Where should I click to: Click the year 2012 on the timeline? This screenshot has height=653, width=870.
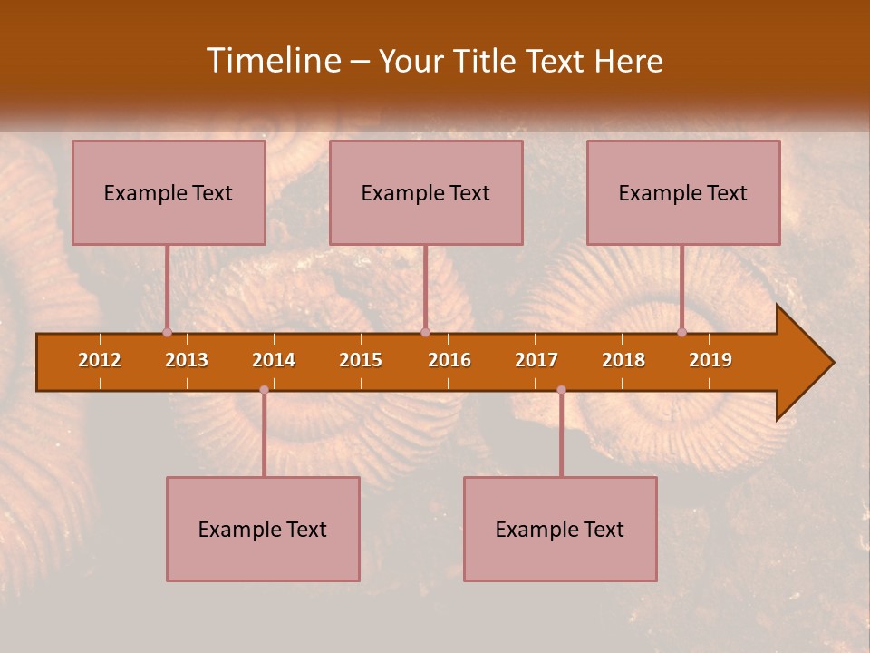pyautogui.click(x=100, y=360)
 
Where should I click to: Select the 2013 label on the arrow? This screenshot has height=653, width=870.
pyautogui.click(x=187, y=360)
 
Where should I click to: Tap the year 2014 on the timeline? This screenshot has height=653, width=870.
pyautogui.click(x=274, y=360)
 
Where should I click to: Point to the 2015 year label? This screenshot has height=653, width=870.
pyautogui.click(x=361, y=360)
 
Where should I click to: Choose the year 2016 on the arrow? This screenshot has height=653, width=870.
pyautogui.click(x=449, y=360)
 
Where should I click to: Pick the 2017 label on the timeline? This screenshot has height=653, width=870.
pyautogui.click(x=536, y=360)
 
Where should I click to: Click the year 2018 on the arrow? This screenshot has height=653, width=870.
pyautogui.click(x=623, y=360)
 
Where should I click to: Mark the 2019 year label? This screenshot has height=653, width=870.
pyautogui.click(x=710, y=360)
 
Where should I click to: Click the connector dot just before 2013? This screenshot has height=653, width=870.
pyautogui.click(x=167, y=332)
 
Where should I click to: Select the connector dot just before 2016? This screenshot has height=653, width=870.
pyautogui.click(x=425, y=332)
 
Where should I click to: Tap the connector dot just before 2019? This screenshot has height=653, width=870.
pyautogui.click(x=682, y=332)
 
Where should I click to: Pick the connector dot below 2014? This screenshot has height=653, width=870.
pyautogui.click(x=264, y=390)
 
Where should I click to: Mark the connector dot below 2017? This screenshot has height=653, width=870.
pyautogui.click(x=561, y=390)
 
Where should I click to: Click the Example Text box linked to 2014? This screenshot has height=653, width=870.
pyautogui.click(x=263, y=530)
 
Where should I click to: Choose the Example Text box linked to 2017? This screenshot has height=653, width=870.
pyautogui.click(x=560, y=530)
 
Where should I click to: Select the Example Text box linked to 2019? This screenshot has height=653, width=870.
pyautogui.click(x=683, y=193)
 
